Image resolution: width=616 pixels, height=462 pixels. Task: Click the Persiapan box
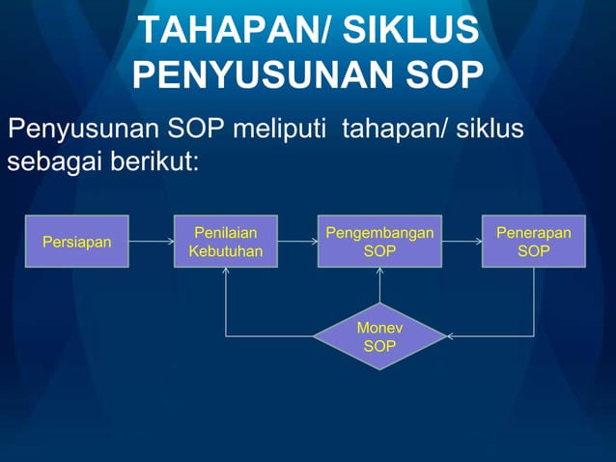tap(76, 241)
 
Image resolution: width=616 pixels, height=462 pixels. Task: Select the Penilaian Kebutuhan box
tap(225, 241)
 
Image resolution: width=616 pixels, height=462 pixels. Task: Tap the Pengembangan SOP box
tap(379, 241)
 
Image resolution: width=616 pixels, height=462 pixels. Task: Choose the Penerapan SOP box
tap(534, 241)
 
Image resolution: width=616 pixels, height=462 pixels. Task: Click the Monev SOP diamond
tap(379, 336)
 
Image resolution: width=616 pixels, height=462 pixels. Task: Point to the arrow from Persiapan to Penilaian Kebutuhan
tap(151, 241)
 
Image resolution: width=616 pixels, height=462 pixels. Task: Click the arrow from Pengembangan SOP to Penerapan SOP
tap(462, 241)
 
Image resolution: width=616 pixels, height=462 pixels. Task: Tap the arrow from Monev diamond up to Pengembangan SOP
tap(379, 286)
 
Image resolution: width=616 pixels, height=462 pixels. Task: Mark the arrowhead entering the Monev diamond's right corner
tap(452, 336)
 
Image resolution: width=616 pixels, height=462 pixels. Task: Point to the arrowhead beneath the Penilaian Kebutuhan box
tap(225, 273)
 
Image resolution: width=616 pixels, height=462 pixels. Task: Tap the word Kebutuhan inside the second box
tap(225, 250)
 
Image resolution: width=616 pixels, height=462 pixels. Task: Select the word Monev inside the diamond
tap(379, 328)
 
